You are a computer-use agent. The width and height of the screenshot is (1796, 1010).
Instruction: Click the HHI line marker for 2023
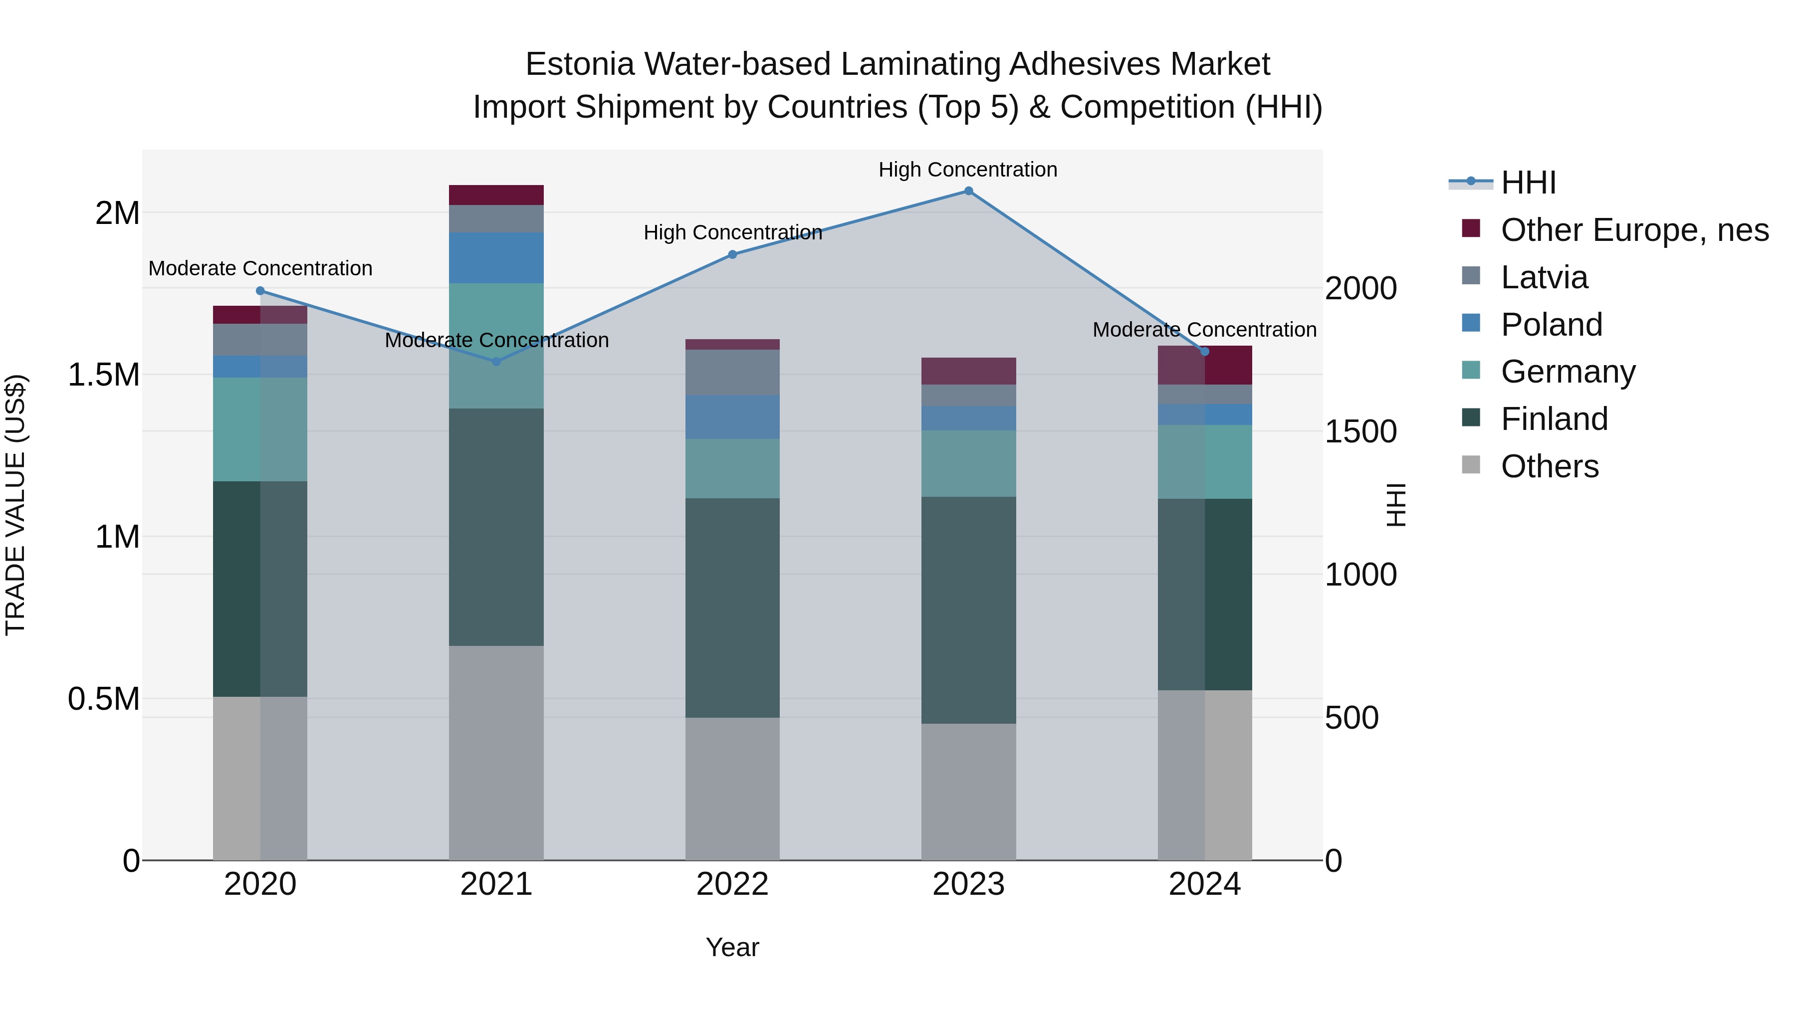[x=968, y=191]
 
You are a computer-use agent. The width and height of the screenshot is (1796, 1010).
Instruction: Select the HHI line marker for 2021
[x=496, y=361]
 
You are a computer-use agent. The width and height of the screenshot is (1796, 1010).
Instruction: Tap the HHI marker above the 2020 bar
[x=260, y=291]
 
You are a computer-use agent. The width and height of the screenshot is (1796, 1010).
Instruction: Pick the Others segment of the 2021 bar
[x=496, y=752]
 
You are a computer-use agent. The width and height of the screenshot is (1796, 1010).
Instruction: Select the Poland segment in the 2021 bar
[x=496, y=257]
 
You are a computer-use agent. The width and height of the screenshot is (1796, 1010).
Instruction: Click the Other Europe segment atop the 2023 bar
[x=968, y=371]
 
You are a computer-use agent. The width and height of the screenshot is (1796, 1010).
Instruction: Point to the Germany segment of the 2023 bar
[x=968, y=463]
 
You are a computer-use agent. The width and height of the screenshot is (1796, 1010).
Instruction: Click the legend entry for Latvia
[x=1544, y=277]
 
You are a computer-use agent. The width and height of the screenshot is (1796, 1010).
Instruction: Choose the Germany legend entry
[x=1568, y=372]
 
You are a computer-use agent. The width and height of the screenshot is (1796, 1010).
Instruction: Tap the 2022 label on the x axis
[x=732, y=884]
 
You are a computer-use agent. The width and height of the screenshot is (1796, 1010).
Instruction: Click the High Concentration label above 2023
[x=968, y=170]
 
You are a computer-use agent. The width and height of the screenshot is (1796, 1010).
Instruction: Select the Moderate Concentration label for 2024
[x=1204, y=329]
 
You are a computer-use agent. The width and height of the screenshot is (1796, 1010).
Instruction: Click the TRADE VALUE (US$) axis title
[x=15, y=505]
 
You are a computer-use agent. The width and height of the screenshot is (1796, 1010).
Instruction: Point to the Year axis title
[x=732, y=947]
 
